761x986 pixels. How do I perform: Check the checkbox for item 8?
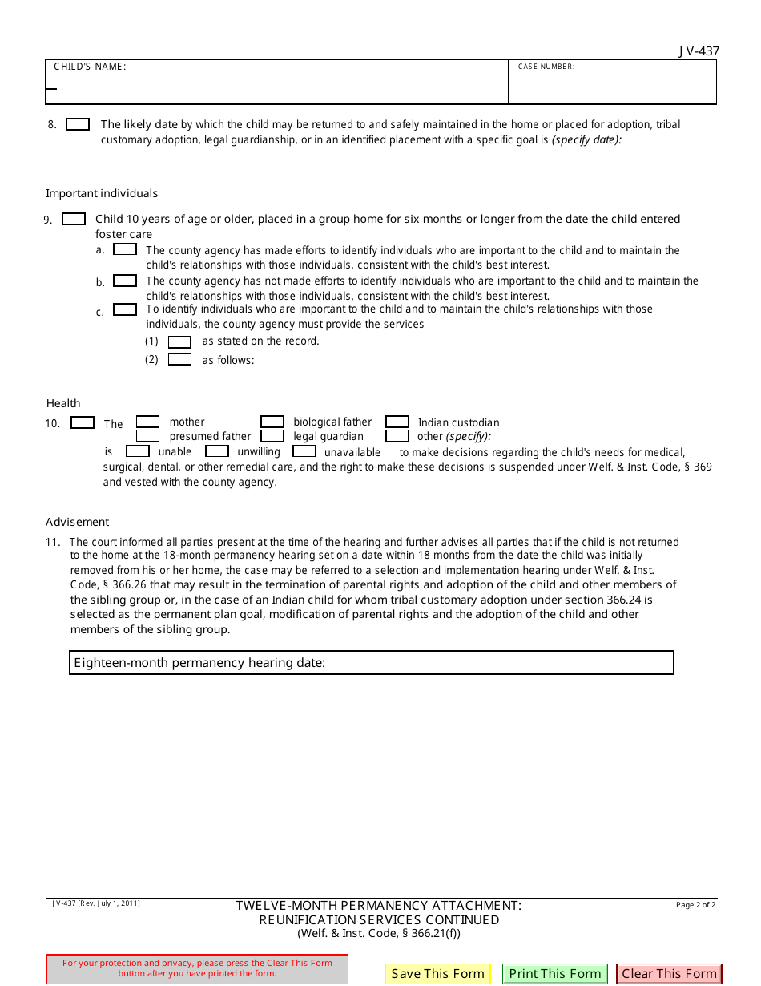click(78, 124)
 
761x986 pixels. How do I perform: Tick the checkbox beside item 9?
click(74, 219)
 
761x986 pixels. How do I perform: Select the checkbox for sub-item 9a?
click(125, 249)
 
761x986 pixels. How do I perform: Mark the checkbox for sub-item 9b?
click(125, 281)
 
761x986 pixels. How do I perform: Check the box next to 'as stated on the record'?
click(179, 342)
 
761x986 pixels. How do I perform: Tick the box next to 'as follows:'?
click(179, 359)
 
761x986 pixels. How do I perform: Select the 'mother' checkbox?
click(147, 422)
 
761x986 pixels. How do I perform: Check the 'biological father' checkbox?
click(272, 422)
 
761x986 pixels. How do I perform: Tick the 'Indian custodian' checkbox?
click(397, 422)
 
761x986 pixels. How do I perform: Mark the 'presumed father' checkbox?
click(147, 436)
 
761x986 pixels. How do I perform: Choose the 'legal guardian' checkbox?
click(272, 436)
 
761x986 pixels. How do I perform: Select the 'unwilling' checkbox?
click(217, 451)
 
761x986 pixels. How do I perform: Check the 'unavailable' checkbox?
click(304, 451)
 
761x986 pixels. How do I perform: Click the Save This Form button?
click(437, 974)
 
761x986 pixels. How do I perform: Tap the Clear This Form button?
click(669, 974)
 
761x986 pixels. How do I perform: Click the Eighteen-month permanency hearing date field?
click(497, 663)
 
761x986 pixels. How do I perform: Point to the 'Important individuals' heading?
click(102, 193)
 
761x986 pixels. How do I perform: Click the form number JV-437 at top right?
click(699, 51)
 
